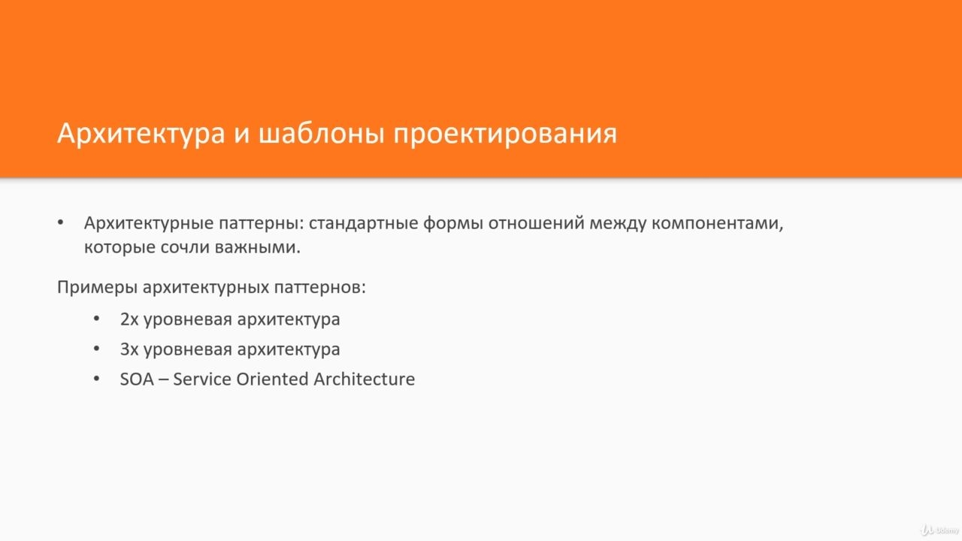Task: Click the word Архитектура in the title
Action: click(x=141, y=134)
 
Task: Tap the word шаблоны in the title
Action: click(x=321, y=134)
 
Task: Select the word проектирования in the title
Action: click(x=506, y=134)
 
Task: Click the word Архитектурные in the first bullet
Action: click(x=149, y=223)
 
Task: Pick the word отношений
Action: click(x=536, y=223)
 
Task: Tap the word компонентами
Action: click(x=718, y=224)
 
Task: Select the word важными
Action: click(x=258, y=247)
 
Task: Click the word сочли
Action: click(x=185, y=248)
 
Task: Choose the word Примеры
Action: click(x=97, y=287)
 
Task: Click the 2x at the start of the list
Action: click(x=129, y=319)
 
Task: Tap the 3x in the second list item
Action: click(x=129, y=349)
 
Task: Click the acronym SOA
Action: click(x=137, y=379)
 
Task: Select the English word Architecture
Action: click(x=365, y=379)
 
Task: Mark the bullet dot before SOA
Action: click(x=97, y=379)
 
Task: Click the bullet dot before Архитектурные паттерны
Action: click(x=61, y=222)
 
